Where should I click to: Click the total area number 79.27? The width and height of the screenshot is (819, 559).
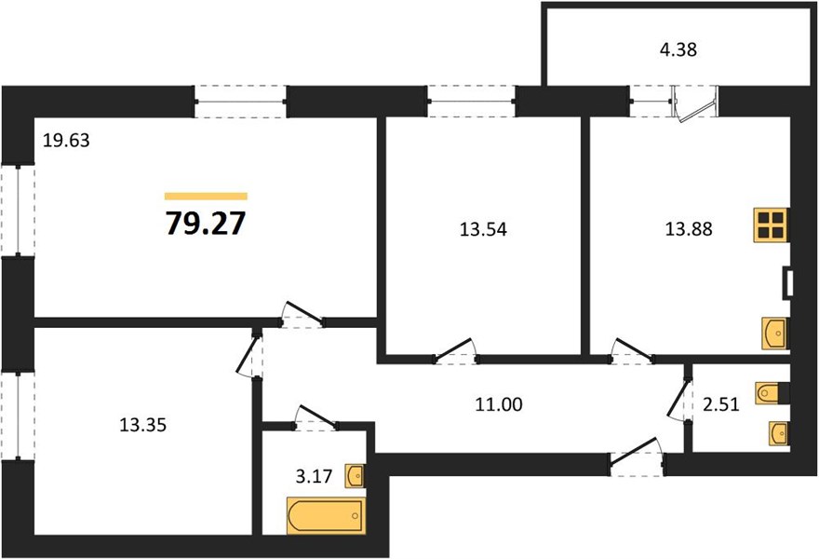[x=206, y=224]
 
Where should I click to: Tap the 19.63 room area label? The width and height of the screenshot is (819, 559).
[x=65, y=141]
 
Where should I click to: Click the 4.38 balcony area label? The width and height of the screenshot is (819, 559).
[x=678, y=52]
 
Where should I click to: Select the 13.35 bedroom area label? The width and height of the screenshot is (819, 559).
[x=142, y=426]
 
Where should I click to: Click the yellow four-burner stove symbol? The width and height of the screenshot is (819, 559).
[x=772, y=225]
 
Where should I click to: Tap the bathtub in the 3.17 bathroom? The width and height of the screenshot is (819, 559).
[x=324, y=515]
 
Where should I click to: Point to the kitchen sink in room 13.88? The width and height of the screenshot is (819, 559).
[x=774, y=332]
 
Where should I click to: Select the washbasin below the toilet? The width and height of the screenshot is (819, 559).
[x=778, y=433]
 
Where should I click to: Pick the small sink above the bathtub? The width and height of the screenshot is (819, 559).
[x=354, y=477]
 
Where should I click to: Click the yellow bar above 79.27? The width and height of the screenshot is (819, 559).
[x=206, y=197]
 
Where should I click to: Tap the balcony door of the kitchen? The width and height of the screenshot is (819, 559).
[x=696, y=103]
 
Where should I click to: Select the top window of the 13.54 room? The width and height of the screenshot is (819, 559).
[x=472, y=102]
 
